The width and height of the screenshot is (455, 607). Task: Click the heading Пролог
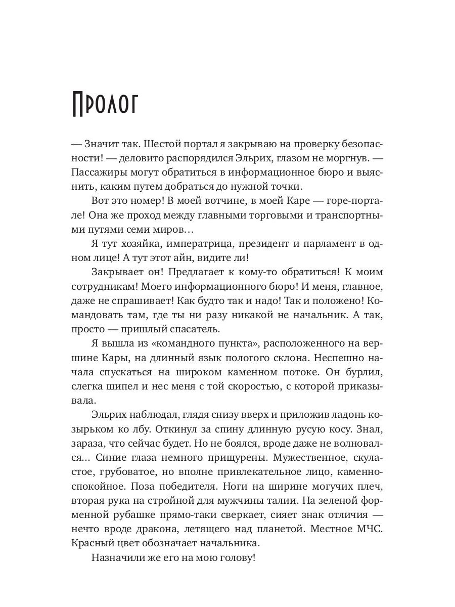tap(106, 105)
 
